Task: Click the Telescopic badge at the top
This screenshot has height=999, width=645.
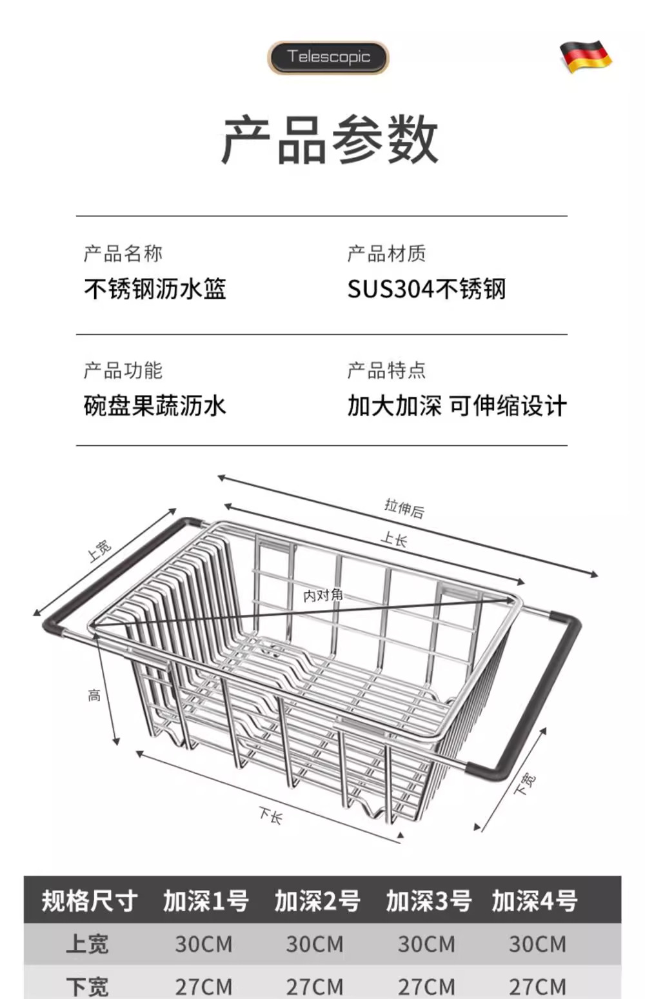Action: (x=328, y=57)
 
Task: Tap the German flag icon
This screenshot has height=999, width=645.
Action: (x=585, y=56)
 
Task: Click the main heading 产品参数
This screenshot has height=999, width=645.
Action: (x=330, y=139)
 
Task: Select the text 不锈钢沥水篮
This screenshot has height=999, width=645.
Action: (x=155, y=288)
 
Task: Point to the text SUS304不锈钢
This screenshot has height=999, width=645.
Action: (x=426, y=288)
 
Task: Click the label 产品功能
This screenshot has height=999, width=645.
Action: (x=123, y=370)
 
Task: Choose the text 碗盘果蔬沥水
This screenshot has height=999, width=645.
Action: (x=155, y=406)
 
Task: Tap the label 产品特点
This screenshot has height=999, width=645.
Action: (x=386, y=370)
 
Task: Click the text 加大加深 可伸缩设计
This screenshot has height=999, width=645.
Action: (x=457, y=406)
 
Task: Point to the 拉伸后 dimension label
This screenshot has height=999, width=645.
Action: (x=404, y=509)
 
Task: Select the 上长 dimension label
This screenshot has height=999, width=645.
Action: (x=394, y=539)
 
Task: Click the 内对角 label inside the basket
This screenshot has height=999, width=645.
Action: (x=322, y=595)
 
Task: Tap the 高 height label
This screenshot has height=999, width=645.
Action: (x=94, y=695)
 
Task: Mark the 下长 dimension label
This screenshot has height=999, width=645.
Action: (x=270, y=816)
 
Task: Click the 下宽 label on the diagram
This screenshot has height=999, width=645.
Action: (x=526, y=783)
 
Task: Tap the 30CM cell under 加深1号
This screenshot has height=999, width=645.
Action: (x=204, y=944)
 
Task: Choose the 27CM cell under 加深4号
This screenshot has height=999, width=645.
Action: (x=537, y=986)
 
